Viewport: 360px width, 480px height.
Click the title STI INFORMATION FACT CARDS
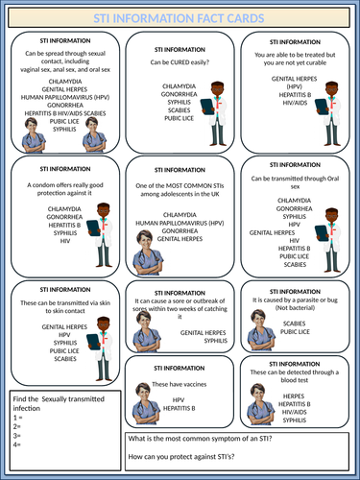[x=180, y=17]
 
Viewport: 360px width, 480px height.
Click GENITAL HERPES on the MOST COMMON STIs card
[x=180, y=240]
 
